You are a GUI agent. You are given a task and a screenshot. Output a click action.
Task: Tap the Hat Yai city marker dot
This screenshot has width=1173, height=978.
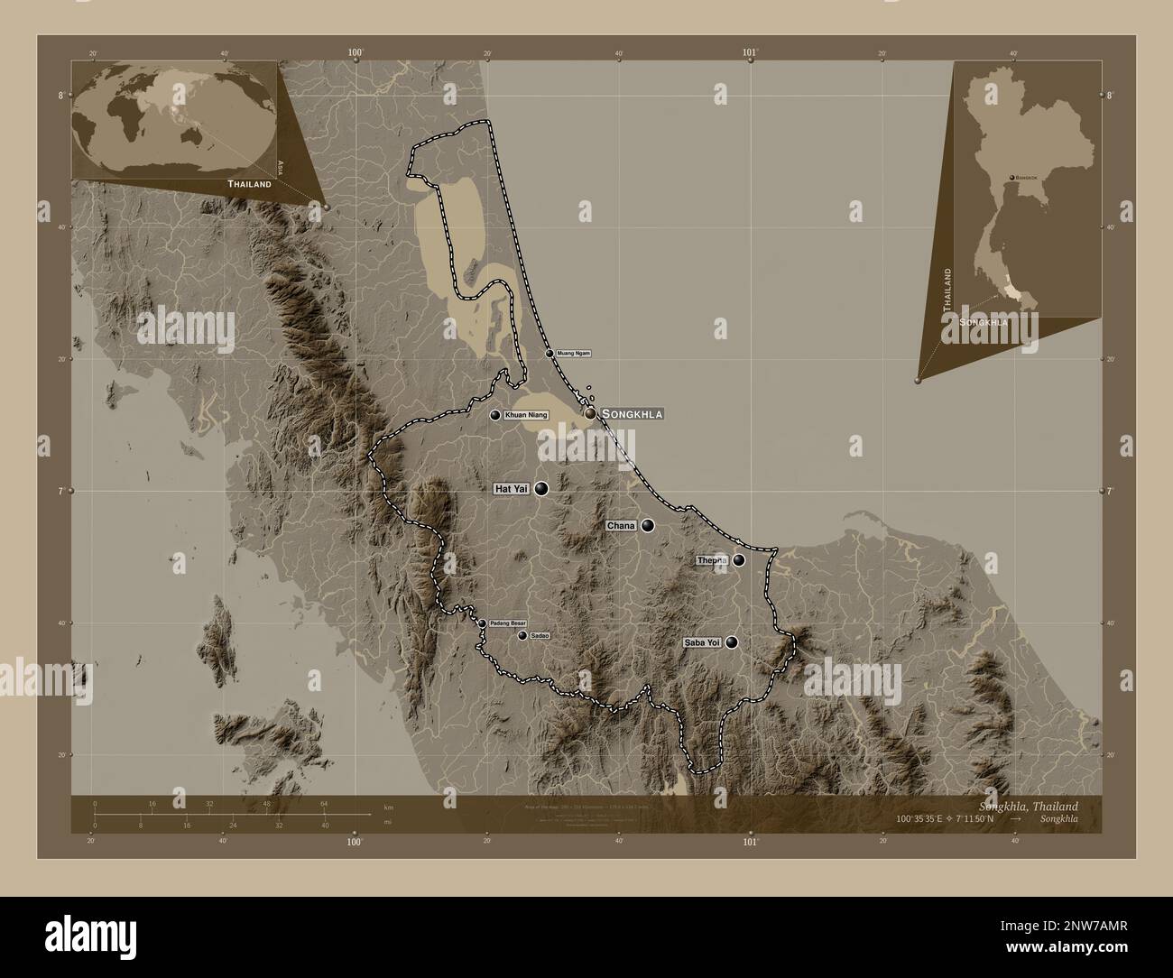pyautogui.click(x=541, y=489)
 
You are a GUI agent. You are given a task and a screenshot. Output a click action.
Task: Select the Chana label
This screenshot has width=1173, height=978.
pyautogui.click(x=622, y=525)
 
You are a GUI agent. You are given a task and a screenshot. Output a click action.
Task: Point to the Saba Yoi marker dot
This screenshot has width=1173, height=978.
pyautogui.click(x=732, y=642)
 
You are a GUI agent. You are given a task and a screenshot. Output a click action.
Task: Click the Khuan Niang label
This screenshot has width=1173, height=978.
pyautogui.click(x=526, y=415)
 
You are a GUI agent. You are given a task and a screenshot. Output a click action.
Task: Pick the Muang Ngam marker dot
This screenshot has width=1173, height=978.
pyautogui.click(x=550, y=354)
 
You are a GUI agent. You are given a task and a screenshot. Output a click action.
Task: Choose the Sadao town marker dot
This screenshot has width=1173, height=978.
pyautogui.click(x=522, y=636)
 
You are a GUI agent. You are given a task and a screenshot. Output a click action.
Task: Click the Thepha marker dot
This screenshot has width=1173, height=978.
pyautogui.click(x=739, y=560)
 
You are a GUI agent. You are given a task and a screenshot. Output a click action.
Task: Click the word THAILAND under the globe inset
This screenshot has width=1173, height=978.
pyautogui.click(x=249, y=184)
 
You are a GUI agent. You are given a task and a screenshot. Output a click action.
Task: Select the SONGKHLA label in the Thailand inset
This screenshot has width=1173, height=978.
pyautogui.click(x=984, y=321)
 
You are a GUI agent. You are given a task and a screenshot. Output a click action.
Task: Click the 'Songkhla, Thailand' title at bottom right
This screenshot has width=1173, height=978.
pyautogui.click(x=1027, y=805)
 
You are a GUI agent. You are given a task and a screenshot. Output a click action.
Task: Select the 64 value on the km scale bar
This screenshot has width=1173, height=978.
pyautogui.click(x=324, y=803)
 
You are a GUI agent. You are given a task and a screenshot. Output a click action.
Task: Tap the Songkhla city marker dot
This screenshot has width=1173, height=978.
pyautogui.click(x=590, y=413)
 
